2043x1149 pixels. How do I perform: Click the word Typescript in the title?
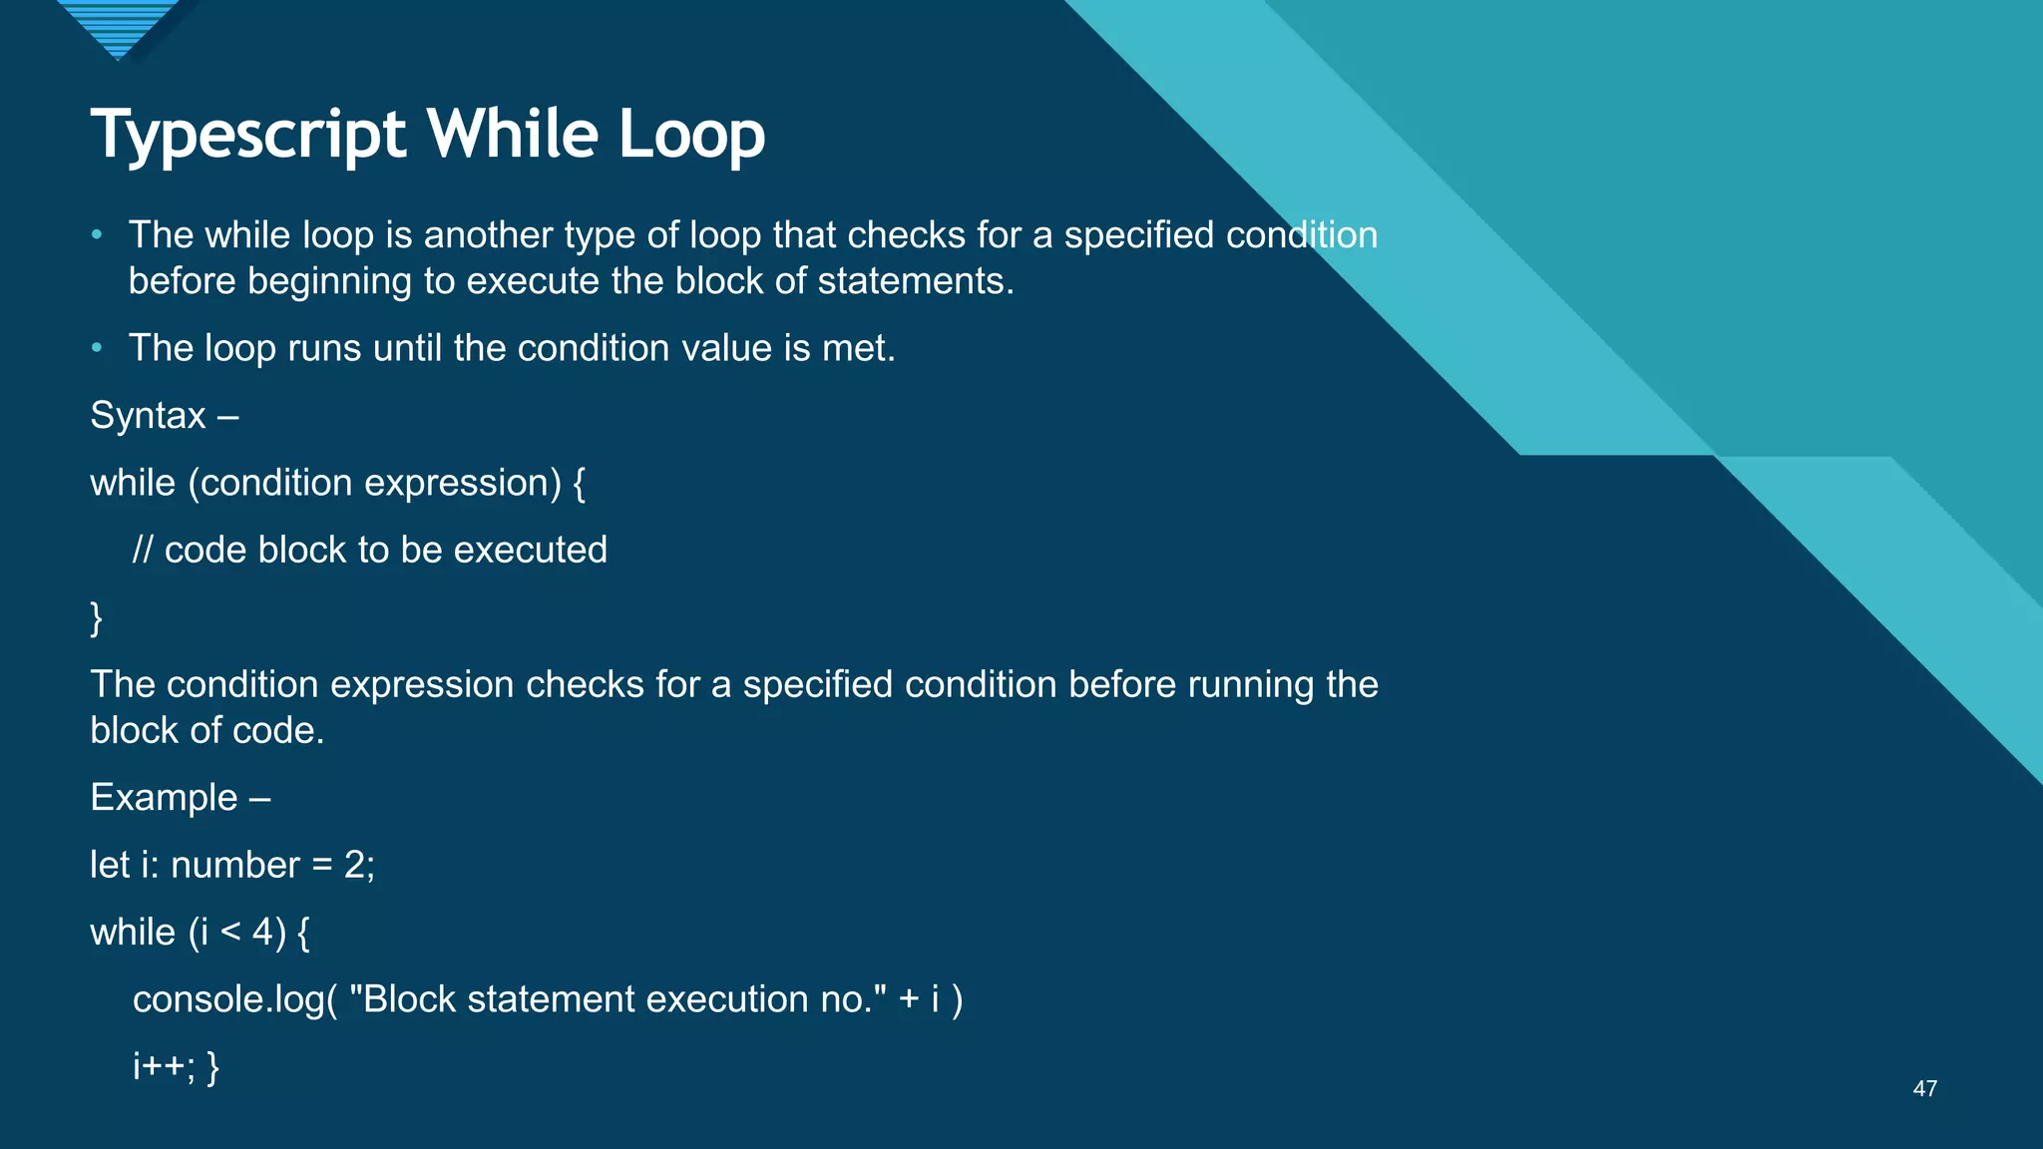[x=248, y=135]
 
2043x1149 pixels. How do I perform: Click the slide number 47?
[x=1924, y=1089]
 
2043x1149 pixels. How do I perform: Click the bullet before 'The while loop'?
[x=97, y=235]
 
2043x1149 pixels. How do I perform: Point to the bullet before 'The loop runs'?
[x=97, y=348]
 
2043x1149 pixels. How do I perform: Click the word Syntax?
[x=148, y=416]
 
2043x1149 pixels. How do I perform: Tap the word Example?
[x=164, y=798]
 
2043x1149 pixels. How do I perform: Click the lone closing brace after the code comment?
[x=96, y=618]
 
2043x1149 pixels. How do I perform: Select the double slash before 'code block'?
[x=143, y=551]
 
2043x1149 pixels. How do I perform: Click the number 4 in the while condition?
[x=262, y=933]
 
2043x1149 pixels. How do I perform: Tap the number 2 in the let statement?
[x=354, y=865]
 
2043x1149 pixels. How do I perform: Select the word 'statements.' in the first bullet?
[x=915, y=281]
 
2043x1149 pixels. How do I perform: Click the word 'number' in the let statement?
[x=234, y=865]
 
